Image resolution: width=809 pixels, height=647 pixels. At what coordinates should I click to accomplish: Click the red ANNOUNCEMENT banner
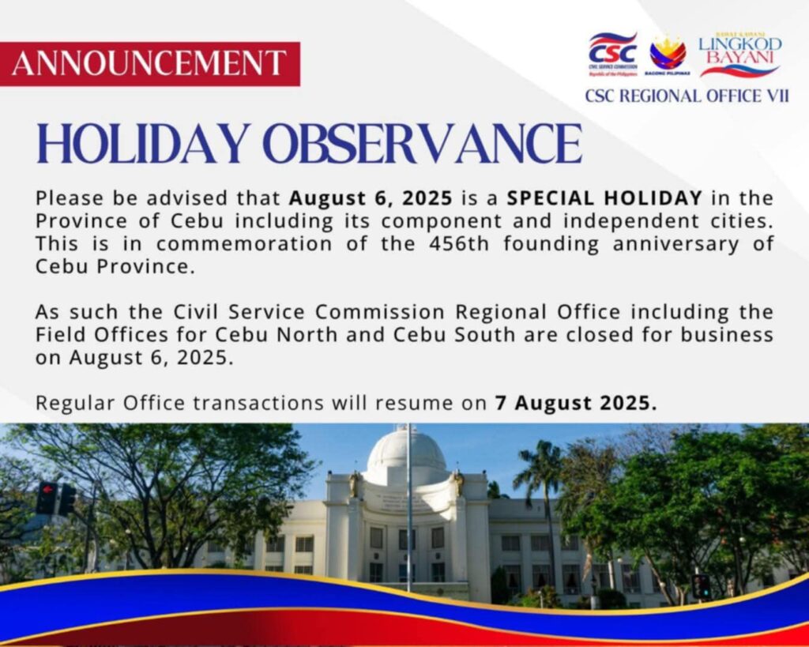point(149,63)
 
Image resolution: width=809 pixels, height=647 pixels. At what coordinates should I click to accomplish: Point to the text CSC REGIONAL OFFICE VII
point(687,96)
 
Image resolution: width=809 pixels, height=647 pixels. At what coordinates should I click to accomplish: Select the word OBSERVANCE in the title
point(423,144)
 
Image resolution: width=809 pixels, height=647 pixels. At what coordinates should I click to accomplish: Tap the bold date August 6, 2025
point(371,198)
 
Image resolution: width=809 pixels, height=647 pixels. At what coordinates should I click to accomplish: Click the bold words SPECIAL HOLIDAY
point(604,197)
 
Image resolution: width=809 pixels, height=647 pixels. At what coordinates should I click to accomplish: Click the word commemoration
point(244,243)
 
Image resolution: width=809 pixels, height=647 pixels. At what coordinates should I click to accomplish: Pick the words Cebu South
point(454,334)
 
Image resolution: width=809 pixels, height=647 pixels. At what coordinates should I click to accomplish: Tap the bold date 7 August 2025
point(576,402)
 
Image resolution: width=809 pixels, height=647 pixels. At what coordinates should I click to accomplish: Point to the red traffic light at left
point(47,497)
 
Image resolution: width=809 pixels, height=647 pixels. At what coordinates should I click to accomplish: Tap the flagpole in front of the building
point(410,508)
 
